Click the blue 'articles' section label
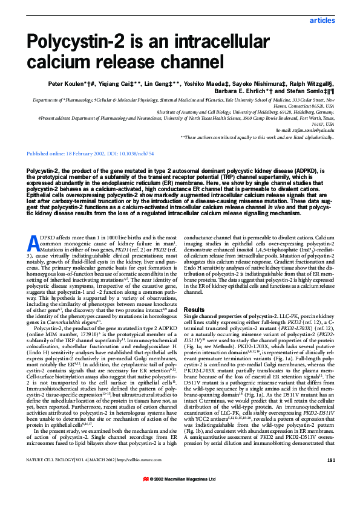[x=321, y=21]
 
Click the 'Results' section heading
[x=194, y=309]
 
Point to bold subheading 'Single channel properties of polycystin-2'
[x=227, y=316]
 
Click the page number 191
[x=330, y=478]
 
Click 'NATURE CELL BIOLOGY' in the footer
[x=48, y=478]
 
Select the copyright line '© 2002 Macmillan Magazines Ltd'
[x=184, y=495]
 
